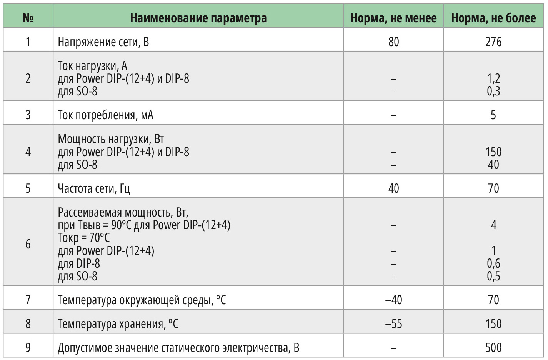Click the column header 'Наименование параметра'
click(x=198, y=18)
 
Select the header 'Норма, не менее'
click(x=393, y=18)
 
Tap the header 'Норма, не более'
click(x=493, y=18)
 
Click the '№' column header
click(x=28, y=18)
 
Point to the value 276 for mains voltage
click(x=493, y=42)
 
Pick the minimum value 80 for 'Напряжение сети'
click(x=393, y=42)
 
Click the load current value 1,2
click(x=493, y=78)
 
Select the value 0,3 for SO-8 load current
click(x=493, y=91)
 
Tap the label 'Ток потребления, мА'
click(x=105, y=115)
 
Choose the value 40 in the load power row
click(x=493, y=165)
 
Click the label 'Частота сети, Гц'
click(x=94, y=188)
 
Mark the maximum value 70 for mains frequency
click(x=493, y=188)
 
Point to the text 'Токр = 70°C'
click(x=84, y=238)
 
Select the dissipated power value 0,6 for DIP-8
click(x=493, y=263)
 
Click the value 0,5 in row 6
click(x=493, y=276)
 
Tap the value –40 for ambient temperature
click(x=393, y=300)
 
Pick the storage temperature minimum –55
click(x=393, y=324)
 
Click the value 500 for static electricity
click(x=493, y=348)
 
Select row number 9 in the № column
click(x=28, y=348)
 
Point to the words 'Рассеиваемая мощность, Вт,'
click(x=123, y=212)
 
